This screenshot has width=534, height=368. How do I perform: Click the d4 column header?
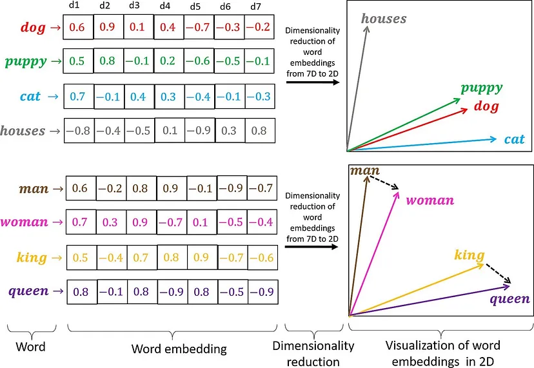164,7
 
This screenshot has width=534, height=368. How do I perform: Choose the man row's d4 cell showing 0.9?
172,189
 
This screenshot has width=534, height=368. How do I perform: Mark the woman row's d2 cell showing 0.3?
111,223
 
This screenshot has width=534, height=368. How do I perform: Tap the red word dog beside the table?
33,28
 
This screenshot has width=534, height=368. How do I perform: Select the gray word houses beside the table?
23,131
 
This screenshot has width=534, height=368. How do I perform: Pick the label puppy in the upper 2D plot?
481,88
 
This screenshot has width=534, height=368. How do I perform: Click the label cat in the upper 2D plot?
515,139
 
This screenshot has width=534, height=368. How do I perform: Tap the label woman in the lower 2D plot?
430,200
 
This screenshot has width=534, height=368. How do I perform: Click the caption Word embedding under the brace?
179,349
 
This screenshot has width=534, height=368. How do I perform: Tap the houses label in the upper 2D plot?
384,19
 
